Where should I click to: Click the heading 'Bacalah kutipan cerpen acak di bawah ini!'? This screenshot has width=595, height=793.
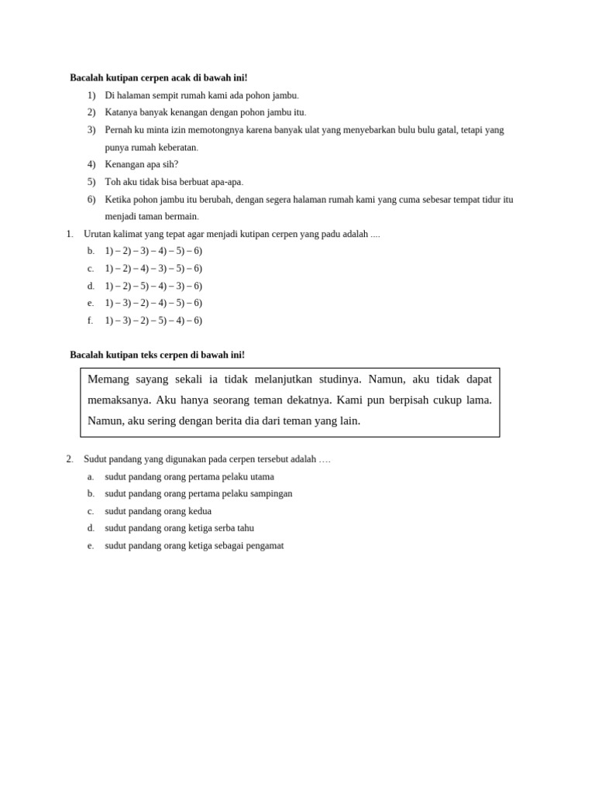[x=158, y=78]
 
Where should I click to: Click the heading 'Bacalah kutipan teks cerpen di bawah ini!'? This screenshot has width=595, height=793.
[x=156, y=355]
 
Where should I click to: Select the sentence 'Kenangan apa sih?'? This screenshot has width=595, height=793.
[x=141, y=164]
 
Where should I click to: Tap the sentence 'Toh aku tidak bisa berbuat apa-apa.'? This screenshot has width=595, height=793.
[x=174, y=182]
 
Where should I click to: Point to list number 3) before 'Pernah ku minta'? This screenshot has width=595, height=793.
[x=91, y=130]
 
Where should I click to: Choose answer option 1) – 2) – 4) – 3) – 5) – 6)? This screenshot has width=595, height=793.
[x=153, y=269]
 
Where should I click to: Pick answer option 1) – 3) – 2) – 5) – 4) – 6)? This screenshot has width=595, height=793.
[x=153, y=321]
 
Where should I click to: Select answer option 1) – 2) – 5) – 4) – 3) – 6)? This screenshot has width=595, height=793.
[x=153, y=286]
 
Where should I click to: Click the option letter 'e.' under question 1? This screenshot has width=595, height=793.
[x=91, y=303]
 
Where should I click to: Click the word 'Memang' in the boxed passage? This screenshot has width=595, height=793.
[x=110, y=379]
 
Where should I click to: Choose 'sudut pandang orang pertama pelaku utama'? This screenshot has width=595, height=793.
[x=189, y=477]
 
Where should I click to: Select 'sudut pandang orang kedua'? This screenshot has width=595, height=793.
[x=158, y=511]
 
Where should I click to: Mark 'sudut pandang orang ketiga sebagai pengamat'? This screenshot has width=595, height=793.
[x=194, y=545]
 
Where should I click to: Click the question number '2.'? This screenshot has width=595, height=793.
[x=70, y=459]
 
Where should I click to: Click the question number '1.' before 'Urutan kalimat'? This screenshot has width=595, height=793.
[x=70, y=234]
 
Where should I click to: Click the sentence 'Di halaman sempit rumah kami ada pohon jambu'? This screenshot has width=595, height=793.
[x=201, y=95]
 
